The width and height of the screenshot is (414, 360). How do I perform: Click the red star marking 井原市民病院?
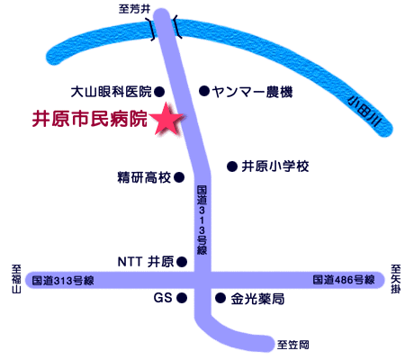coord(166,119)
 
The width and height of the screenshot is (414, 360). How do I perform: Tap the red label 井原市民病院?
coord(90,119)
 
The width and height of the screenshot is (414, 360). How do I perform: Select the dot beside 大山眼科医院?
coord(159,91)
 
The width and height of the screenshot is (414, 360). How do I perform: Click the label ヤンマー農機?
coord(252,92)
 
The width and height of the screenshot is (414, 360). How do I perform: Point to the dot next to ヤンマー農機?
coord(204,91)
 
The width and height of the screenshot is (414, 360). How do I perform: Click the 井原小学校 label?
coord(275,166)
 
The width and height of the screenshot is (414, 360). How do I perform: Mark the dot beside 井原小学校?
coord(232,166)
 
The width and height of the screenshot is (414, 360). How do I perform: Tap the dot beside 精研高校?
coord(179,177)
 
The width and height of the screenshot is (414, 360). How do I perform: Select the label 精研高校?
coord(144,177)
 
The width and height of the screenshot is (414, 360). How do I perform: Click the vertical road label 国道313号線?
coord(202,220)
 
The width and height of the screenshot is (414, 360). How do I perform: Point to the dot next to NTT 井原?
coord(182,262)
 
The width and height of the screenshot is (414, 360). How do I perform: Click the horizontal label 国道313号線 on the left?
coord(63,281)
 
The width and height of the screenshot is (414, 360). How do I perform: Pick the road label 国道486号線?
coord(344,280)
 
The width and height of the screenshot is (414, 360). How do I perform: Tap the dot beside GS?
coord(182,298)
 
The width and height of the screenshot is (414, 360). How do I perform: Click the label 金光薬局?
coord(257,299)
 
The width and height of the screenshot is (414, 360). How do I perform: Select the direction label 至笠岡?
coord(292,345)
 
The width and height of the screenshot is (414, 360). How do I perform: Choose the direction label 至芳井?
coord(134,9)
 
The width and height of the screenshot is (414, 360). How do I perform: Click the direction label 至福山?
coord(16,279)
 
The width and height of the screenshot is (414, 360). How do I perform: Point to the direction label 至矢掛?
coord(396,279)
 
